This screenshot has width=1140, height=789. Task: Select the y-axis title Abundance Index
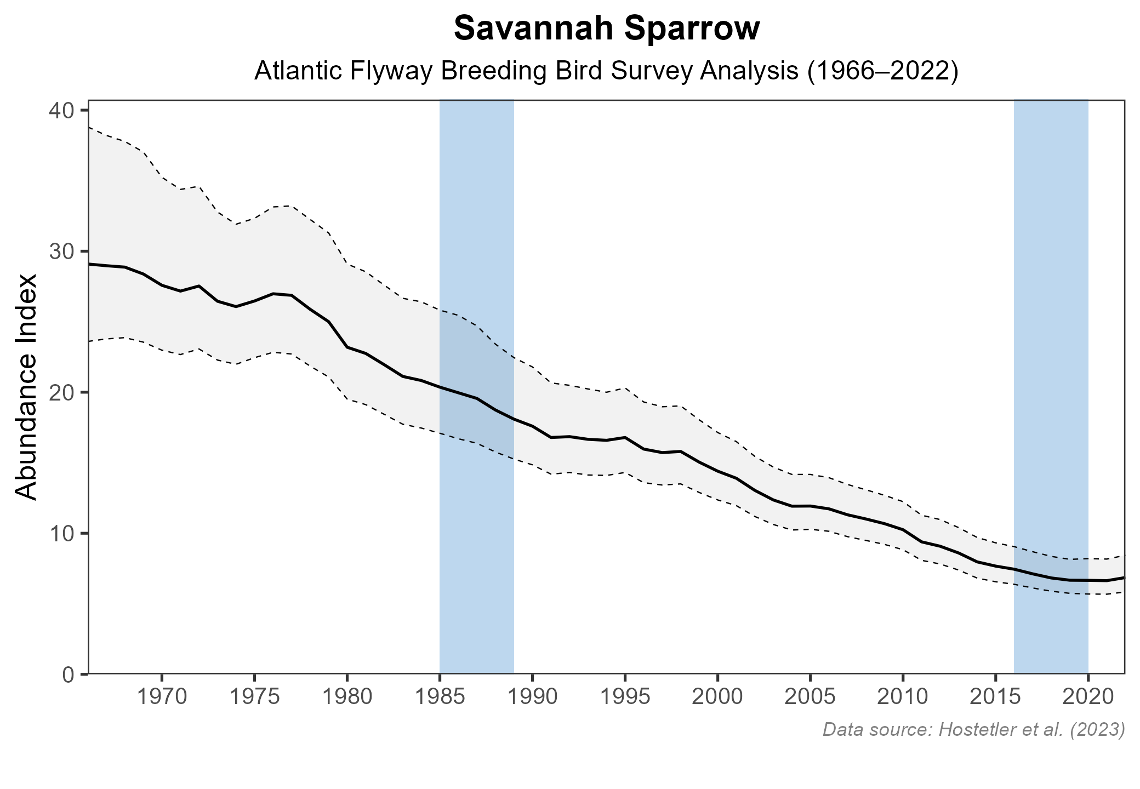[26, 387]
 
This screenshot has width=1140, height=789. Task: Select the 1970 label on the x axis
[162, 697]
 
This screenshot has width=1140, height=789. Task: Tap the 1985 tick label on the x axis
[440, 697]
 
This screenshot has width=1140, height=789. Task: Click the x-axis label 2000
[717, 697]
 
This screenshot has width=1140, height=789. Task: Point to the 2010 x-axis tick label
[903, 697]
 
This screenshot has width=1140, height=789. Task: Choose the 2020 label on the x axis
[1088, 697]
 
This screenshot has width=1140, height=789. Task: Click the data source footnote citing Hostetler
[973, 730]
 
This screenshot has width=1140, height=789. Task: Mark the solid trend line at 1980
[347, 347]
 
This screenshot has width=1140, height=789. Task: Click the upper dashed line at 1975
[254, 218]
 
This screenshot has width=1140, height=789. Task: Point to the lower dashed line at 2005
[810, 529]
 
